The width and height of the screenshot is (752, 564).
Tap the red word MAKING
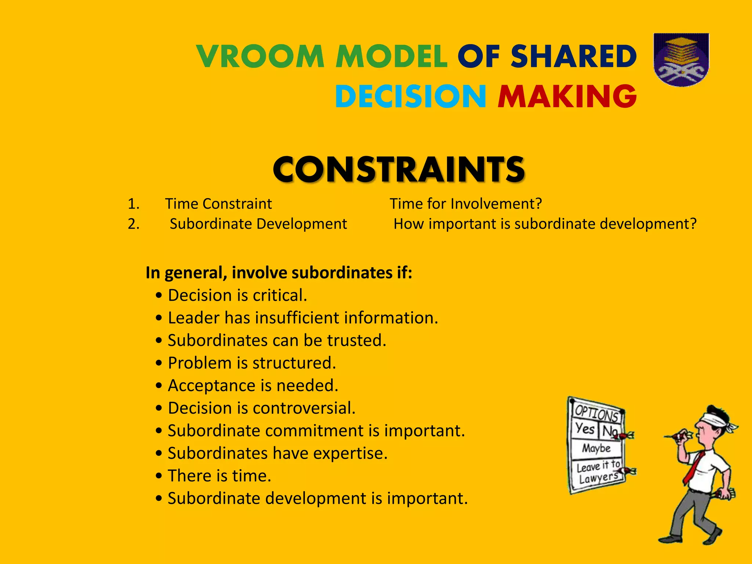click(x=567, y=96)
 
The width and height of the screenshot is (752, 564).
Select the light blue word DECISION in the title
click(x=411, y=96)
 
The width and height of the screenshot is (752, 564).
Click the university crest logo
click(x=681, y=60)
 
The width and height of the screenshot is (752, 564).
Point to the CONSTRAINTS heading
click(x=399, y=169)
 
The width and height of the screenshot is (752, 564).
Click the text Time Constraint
click(x=218, y=204)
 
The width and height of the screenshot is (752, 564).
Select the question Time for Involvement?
click(x=466, y=204)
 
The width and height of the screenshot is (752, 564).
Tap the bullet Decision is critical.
click(x=237, y=296)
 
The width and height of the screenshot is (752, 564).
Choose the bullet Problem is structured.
click(x=252, y=363)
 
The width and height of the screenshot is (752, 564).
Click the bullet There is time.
click(x=219, y=476)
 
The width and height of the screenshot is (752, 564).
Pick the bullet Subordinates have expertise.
click(x=277, y=453)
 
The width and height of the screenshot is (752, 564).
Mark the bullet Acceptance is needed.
click(x=253, y=386)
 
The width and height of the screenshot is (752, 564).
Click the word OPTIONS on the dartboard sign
click(x=596, y=413)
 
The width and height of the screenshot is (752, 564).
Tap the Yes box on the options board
click(x=585, y=429)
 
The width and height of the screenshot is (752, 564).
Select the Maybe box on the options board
click(x=596, y=448)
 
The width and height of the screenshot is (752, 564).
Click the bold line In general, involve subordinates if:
click(x=279, y=273)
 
